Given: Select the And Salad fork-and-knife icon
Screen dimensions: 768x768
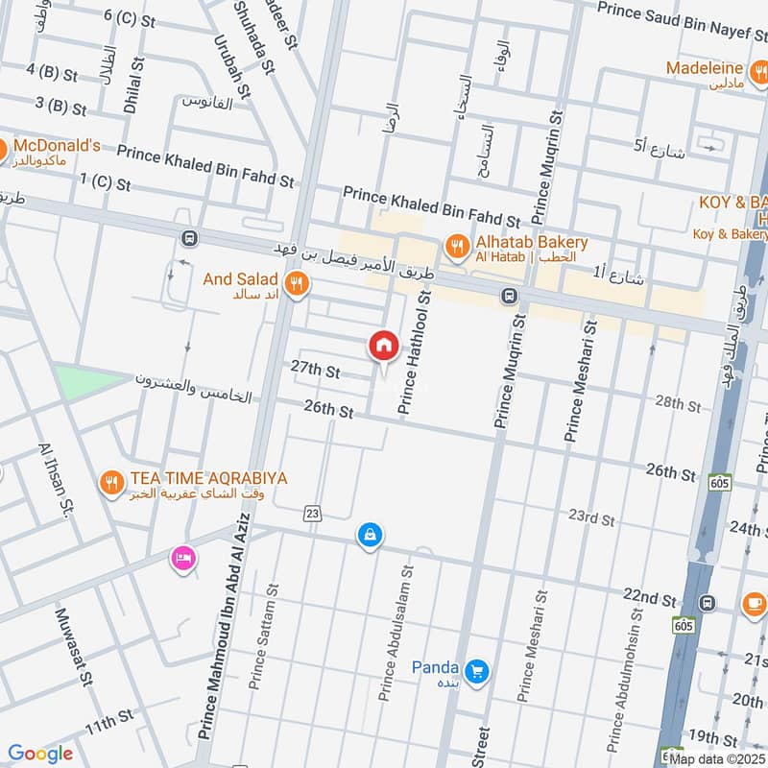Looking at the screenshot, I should [297, 283].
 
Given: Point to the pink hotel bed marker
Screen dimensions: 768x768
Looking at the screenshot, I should [181, 558].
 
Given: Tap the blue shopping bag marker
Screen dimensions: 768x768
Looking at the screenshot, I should [369, 535].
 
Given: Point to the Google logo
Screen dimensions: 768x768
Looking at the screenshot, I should [40, 754].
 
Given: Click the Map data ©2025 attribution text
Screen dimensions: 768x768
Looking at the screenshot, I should [717, 758].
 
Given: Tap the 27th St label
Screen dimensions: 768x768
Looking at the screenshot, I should [316, 371].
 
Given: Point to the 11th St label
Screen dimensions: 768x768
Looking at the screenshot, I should [108, 721].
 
